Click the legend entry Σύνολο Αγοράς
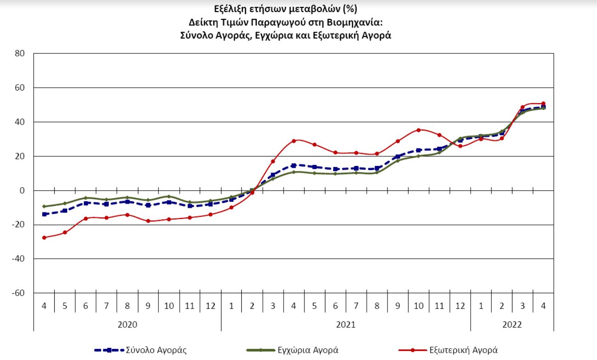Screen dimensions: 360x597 coord(156,350)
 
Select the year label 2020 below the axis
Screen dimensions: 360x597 coord(127,324)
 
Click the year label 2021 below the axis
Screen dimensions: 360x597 coord(345,324)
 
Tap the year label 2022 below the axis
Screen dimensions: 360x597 coord(512,324)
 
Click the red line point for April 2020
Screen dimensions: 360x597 coord(44,238)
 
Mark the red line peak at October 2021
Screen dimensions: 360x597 coord(419,130)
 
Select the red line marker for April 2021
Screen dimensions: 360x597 coord(294,141)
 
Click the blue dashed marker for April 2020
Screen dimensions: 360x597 coord(44,214)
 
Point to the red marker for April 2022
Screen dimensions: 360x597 coord(543,103)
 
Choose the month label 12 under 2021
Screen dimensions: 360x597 coord(460,306)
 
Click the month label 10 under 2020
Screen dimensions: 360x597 coord(169,306)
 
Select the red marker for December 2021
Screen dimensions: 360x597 coord(460,146)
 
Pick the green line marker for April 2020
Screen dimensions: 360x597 coord(44,206)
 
